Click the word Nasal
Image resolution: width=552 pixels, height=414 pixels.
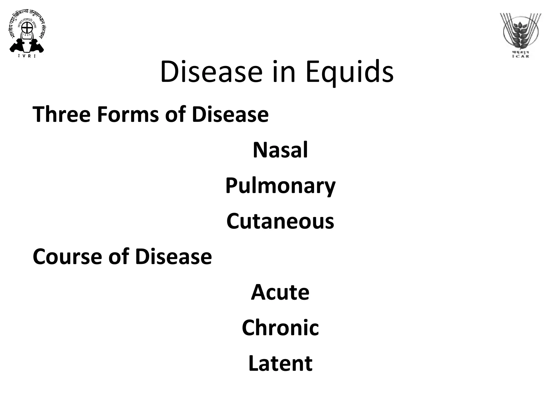coord(280,150)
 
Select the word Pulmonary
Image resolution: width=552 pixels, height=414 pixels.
coord(280,186)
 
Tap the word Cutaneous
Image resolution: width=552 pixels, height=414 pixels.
coord(280,221)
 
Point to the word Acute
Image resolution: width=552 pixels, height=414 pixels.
coord(280,292)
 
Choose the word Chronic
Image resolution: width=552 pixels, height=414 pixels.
coord(280,328)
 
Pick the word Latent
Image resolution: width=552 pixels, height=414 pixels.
coord(280,363)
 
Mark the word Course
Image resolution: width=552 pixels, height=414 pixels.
coord(67,257)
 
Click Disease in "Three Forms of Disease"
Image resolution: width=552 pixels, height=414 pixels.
coord(230,115)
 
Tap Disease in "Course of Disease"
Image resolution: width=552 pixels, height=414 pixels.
coord(174,257)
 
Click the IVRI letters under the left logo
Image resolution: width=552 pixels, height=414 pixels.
coord(27,56)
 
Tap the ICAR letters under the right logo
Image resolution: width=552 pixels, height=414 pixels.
coord(520,56)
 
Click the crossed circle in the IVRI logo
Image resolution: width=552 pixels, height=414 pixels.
coord(27,27)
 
